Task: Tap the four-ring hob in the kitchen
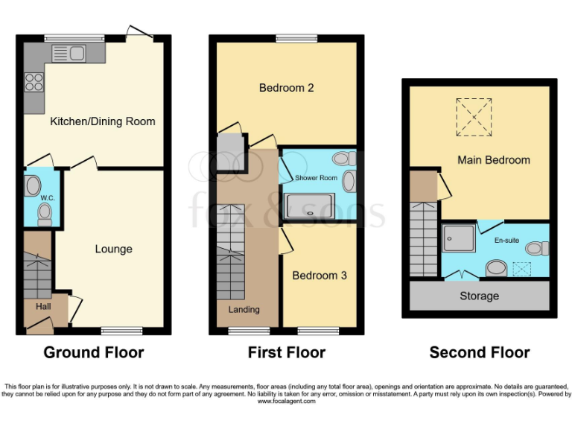(x=34, y=80)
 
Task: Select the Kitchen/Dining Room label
(x=102, y=121)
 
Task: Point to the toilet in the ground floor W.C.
(x=44, y=214)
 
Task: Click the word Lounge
(x=113, y=249)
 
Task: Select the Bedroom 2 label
(x=286, y=88)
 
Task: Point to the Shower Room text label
(x=316, y=178)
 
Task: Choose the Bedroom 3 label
(x=319, y=276)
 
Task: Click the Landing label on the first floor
(x=244, y=310)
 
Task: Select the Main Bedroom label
(x=493, y=160)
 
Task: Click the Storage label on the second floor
(x=479, y=296)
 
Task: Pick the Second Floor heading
(x=479, y=353)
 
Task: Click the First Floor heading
(x=286, y=353)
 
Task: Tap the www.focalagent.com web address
(x=286, y=401)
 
